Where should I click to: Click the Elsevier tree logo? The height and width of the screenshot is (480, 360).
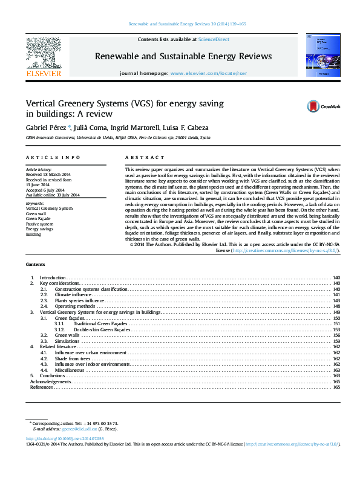[43, 54]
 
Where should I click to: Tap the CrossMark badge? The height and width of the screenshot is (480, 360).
[323, 106]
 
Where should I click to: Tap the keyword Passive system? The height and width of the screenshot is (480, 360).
[40, 224]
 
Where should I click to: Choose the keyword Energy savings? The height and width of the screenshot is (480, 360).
[40, 229]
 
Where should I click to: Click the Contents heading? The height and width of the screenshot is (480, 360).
[35, 265]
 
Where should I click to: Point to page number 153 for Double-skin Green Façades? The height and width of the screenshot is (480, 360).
[336, 329]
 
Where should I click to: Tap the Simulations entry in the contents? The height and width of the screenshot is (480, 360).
[67, 341]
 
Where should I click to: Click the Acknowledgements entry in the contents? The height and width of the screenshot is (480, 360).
[51, 381]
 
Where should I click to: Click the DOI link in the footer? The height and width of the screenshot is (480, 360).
[64, 438]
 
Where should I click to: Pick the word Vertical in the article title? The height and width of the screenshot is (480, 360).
[40, 103]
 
